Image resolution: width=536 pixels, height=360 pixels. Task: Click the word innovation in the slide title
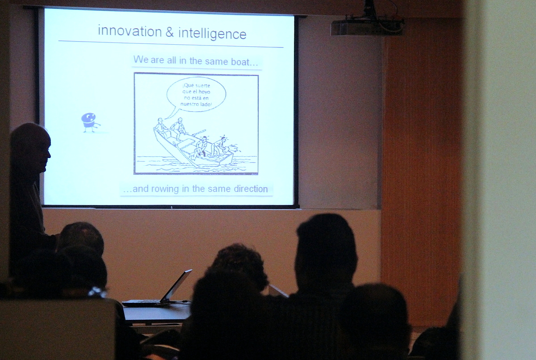[130, 31]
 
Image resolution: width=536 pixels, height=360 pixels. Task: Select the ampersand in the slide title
[170, 32]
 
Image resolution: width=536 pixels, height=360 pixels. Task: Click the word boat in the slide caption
[240, 62]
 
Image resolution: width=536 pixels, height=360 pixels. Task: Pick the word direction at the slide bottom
[251, 189]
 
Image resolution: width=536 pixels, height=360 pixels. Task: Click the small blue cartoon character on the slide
[90, 122]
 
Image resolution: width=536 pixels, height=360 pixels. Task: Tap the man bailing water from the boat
[222, 146]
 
